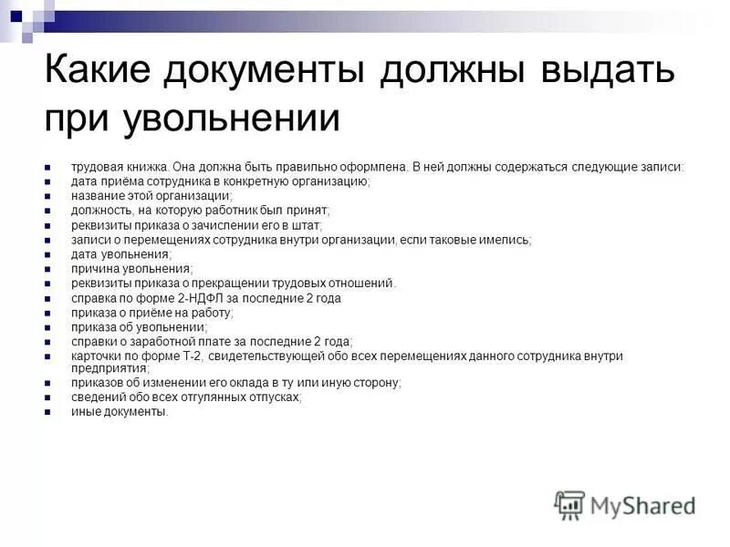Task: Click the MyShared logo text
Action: click(642, 505)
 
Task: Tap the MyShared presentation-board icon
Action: click(569, 504)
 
